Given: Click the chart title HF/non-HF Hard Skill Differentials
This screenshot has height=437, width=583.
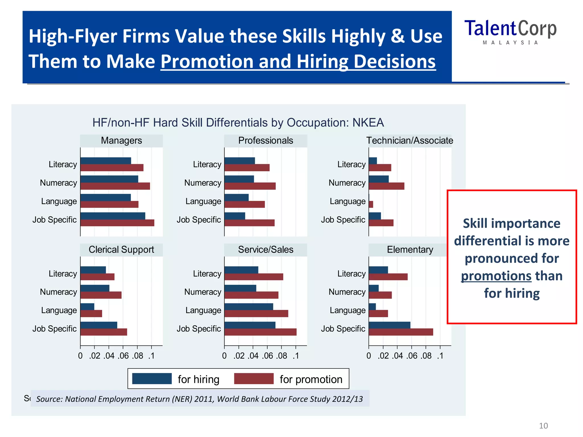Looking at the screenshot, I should tap(238, 123).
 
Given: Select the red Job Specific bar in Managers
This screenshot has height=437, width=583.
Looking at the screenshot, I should tap(117, 223).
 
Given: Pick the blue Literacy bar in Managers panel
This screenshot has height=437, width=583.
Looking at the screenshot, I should tap(106, 161).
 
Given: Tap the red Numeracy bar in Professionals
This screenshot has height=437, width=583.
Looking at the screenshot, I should tap(250, 186).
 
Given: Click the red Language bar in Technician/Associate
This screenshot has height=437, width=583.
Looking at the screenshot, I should tap(371, 204).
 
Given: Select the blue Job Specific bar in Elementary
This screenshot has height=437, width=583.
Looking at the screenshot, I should tap(389, 325).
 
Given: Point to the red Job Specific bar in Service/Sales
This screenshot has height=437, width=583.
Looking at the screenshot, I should tap(260, 332).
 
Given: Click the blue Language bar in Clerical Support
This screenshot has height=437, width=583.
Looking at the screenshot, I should tap(87, 307).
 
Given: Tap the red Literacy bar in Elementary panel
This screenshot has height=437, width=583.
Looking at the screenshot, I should tap(388, 277).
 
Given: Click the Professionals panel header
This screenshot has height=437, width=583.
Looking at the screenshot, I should tap(266, 141).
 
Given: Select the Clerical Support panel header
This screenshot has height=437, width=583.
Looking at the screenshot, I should tap(121, 250).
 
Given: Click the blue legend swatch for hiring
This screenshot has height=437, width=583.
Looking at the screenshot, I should tap(152, 379).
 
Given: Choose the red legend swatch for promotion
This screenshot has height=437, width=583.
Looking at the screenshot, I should tap(254, 379).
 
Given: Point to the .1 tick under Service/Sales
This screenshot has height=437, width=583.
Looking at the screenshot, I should tap(296, 356).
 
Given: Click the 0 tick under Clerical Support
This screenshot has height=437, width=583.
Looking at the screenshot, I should tap(80, 356).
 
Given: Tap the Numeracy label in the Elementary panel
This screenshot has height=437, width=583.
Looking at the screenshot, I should tap(347, 292).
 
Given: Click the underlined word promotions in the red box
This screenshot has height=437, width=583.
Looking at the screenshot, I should tap(496, 276).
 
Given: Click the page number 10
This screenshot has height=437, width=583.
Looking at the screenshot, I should tap(543, 426).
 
